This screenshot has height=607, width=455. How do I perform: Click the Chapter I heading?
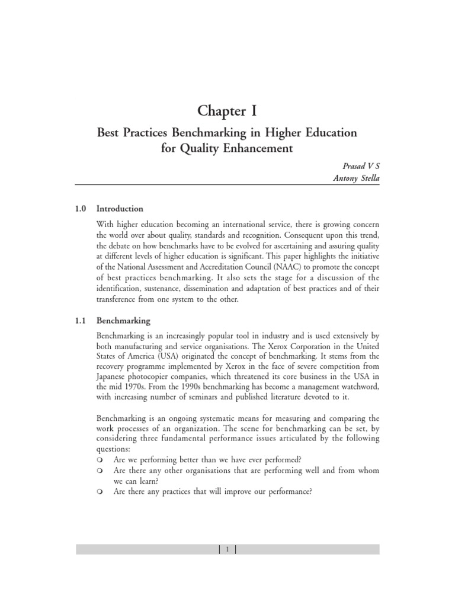point(227,111)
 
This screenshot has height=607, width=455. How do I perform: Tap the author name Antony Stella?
point(355,180)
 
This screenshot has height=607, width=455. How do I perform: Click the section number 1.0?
point(81,209)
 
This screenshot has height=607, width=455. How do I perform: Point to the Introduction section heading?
point(120,209)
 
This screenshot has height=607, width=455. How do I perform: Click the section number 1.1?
point(81,321)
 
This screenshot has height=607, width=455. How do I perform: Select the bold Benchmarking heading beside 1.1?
point(123,321)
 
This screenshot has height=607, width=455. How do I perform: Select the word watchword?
point(357,387)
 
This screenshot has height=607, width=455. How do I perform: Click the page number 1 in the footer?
point(227,550)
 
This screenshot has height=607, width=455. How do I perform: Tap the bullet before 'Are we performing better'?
point(100,460)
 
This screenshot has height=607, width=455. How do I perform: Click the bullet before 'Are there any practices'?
point(100,492)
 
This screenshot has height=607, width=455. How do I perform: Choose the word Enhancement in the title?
point(249,148)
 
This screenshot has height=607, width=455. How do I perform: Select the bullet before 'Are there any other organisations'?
point(100,471)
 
